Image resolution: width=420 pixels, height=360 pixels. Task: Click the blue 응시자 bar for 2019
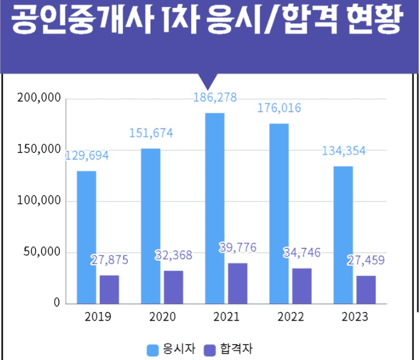[86, 237]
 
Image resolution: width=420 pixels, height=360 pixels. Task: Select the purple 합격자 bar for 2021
[237, 283]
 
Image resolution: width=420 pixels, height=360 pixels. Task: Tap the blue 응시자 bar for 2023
[343, 235]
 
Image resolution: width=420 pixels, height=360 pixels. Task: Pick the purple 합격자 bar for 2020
[174, 287]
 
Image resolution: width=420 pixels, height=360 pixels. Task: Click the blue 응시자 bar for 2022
[279, 214]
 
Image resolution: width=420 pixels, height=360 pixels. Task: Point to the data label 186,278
[215, 97]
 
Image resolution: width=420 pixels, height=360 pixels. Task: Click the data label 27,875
[110, 260]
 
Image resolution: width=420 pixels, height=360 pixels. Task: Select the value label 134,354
[343, 151]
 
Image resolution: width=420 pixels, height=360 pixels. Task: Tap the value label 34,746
[302, 252]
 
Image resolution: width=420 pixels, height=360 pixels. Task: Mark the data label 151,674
[151, 133]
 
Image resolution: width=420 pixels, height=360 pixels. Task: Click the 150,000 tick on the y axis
[39, 149]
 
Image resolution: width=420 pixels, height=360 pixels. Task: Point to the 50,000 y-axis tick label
[42, 252]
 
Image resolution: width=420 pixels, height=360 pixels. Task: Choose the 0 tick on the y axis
[57, 303]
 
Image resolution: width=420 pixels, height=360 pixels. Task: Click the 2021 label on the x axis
[227, 317]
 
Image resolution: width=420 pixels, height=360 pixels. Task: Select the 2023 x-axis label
[355, 317]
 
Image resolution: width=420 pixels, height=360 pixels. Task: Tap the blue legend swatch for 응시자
[153, 350]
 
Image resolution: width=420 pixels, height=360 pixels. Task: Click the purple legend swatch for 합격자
[209, 350]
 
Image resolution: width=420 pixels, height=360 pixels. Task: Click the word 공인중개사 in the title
[83, 19]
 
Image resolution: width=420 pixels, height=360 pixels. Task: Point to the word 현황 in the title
[374, 19]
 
